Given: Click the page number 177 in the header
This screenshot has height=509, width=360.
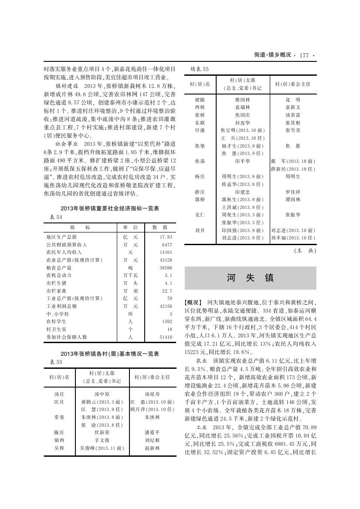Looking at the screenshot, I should pyautogui.click(x=304, y=55).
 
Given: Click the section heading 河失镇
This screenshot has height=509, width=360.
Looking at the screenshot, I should pyautogui.click(x=250, y=278).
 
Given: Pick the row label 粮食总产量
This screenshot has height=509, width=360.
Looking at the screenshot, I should pyautogui.click(x=59, y=268).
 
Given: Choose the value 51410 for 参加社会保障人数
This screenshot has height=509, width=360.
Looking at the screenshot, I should pyautogui.click(x=166, y=337).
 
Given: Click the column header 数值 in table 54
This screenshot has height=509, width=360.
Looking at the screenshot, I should pyautogui.click(x=160, y=227).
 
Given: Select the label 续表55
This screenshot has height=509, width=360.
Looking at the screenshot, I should pyautogui.click(x=200, y=69).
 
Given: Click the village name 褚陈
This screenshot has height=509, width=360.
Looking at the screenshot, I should pyautogui.click(x=200, y=100).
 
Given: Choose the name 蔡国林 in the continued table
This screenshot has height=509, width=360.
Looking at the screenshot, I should pyautogui.click(x=243, y=100).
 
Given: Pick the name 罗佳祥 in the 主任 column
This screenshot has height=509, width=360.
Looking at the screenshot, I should pyautogui.click(x=293, y=192).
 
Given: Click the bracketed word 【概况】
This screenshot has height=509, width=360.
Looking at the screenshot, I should pyautogui.click(x=194, y=302).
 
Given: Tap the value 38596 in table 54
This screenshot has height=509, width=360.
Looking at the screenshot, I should pyautogui.click(x=166, y=268).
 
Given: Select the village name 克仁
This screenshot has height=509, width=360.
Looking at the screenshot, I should pyautogui.click(x=200, y=215).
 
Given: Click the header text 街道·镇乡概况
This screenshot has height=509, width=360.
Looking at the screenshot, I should pyautogui.click(x=272, y=55).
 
